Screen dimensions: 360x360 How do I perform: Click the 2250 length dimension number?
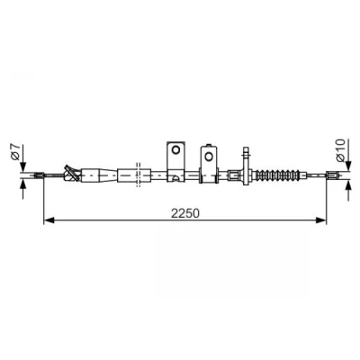point(185,213)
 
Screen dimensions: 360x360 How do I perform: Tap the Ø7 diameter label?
point(14,151)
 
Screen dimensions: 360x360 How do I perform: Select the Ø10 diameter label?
point(341,150)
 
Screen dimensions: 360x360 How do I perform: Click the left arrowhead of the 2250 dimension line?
point(49,220)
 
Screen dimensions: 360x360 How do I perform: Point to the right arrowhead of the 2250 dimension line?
point(321,220)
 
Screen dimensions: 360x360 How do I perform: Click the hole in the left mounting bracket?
point(175,149)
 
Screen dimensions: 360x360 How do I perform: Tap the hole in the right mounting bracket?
point(209,156)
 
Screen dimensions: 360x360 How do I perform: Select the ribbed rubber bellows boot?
point(277,175)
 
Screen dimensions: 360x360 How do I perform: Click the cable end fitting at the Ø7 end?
point(40,175)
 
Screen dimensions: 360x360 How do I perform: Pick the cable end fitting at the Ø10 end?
point(332,175)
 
